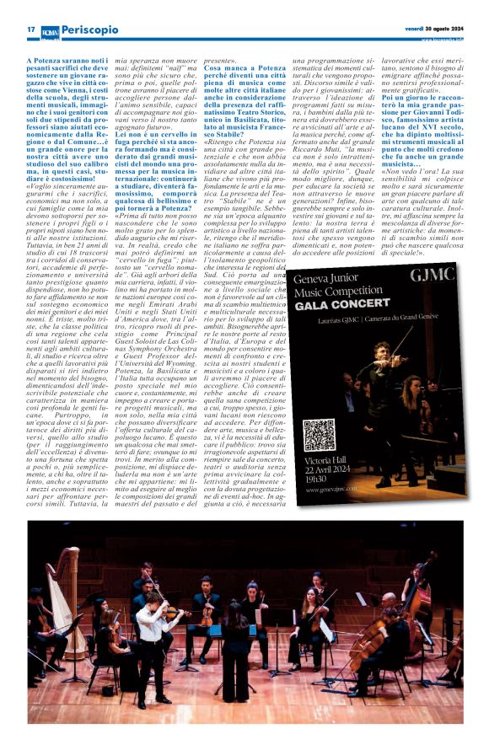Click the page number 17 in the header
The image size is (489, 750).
click(x=30, y=29)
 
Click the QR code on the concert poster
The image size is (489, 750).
click(x=319, y=434)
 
